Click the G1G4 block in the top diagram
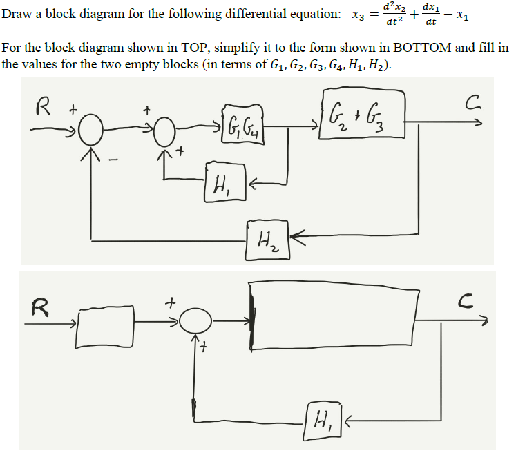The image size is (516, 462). pos(242,126)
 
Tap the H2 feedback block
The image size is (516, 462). pos(267,240)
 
